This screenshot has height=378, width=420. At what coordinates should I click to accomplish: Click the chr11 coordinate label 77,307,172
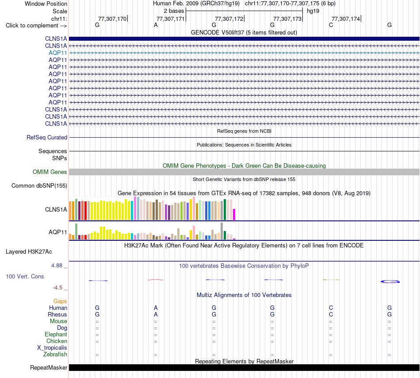(x=229, y=19)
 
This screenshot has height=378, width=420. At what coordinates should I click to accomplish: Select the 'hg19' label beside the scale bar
(x=313, y=11)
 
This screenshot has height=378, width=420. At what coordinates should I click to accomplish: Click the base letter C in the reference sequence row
(x=331, y=25)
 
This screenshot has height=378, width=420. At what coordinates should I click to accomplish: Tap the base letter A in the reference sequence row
(x=156, y=25)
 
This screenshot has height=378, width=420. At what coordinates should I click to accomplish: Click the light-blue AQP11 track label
(x=57, y=53)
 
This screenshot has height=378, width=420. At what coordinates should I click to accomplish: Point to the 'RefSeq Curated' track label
(x=47, y=137)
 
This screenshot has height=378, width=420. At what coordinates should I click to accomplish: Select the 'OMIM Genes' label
(x=50, y=172)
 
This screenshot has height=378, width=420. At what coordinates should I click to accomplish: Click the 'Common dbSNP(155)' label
(x=39, y=185)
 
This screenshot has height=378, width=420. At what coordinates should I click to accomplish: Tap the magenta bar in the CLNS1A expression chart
(x=234, y=215)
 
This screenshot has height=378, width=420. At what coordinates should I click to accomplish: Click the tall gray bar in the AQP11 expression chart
(x=221, y=231)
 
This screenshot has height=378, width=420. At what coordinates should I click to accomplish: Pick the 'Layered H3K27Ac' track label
(x=29, y=251)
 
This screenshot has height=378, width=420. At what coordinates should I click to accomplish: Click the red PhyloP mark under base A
(x=156, y=280)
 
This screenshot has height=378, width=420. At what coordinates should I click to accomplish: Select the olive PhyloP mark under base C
(x=331, y=280)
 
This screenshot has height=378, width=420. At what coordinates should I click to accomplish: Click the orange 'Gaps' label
(x=60, y=301)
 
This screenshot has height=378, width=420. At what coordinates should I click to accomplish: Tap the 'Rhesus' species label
(x=57, y=314)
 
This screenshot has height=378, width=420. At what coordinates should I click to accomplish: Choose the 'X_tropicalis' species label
(x=52, y=348)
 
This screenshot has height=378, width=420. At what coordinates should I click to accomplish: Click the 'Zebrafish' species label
(x=55, y=355)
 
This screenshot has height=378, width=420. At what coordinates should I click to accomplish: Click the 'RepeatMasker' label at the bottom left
(x=49, y=367)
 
